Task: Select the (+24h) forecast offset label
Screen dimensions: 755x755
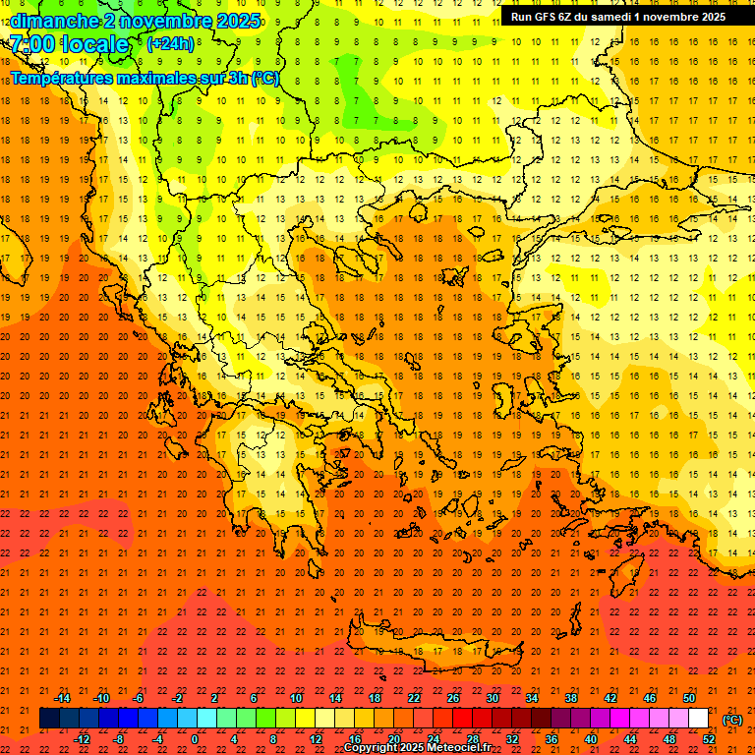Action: click(x=170, y=44)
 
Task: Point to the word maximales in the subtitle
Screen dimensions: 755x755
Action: click(x=162, y=78)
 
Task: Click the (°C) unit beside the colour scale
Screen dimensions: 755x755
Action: click(x=732, y=720)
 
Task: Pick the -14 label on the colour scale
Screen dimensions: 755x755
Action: click(x=62, y=698)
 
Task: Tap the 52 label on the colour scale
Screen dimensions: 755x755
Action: click(x=709, y=739)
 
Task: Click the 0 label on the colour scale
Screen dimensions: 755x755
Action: click(x=194, y=739)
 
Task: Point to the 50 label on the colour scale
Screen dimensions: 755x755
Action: click(x=689, y=698)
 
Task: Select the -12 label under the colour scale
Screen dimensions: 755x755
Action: click(x=82, y=739)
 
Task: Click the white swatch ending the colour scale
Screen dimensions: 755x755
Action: click(x=699, y=719)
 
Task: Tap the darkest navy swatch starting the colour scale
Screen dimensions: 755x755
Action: click(x=49, y=719)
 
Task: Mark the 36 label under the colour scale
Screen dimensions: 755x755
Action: click(x=552, y=739)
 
